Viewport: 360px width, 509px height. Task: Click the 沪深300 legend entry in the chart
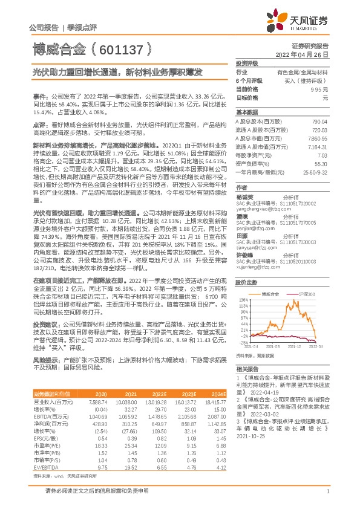point(307,293)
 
